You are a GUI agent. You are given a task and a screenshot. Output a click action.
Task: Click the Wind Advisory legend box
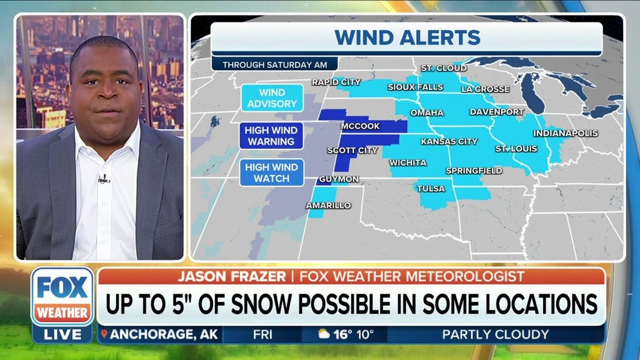coord(272,98)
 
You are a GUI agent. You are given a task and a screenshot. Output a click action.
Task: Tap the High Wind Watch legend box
coord(272,172)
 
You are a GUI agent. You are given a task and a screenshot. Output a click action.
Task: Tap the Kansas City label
coord(449,141)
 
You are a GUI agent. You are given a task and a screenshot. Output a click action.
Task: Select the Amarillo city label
coord(329,205)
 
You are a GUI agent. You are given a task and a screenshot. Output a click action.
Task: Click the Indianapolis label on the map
coord(565,134)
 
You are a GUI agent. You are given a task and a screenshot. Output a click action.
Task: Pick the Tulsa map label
coord(430,188)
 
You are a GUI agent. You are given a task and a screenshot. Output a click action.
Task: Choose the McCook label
coord(361,126)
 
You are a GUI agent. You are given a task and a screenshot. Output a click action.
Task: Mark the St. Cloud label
coord(439,68)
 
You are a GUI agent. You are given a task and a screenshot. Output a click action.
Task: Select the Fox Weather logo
coord(62,297)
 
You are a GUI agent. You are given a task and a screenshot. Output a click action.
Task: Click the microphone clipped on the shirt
coord(103,178)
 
